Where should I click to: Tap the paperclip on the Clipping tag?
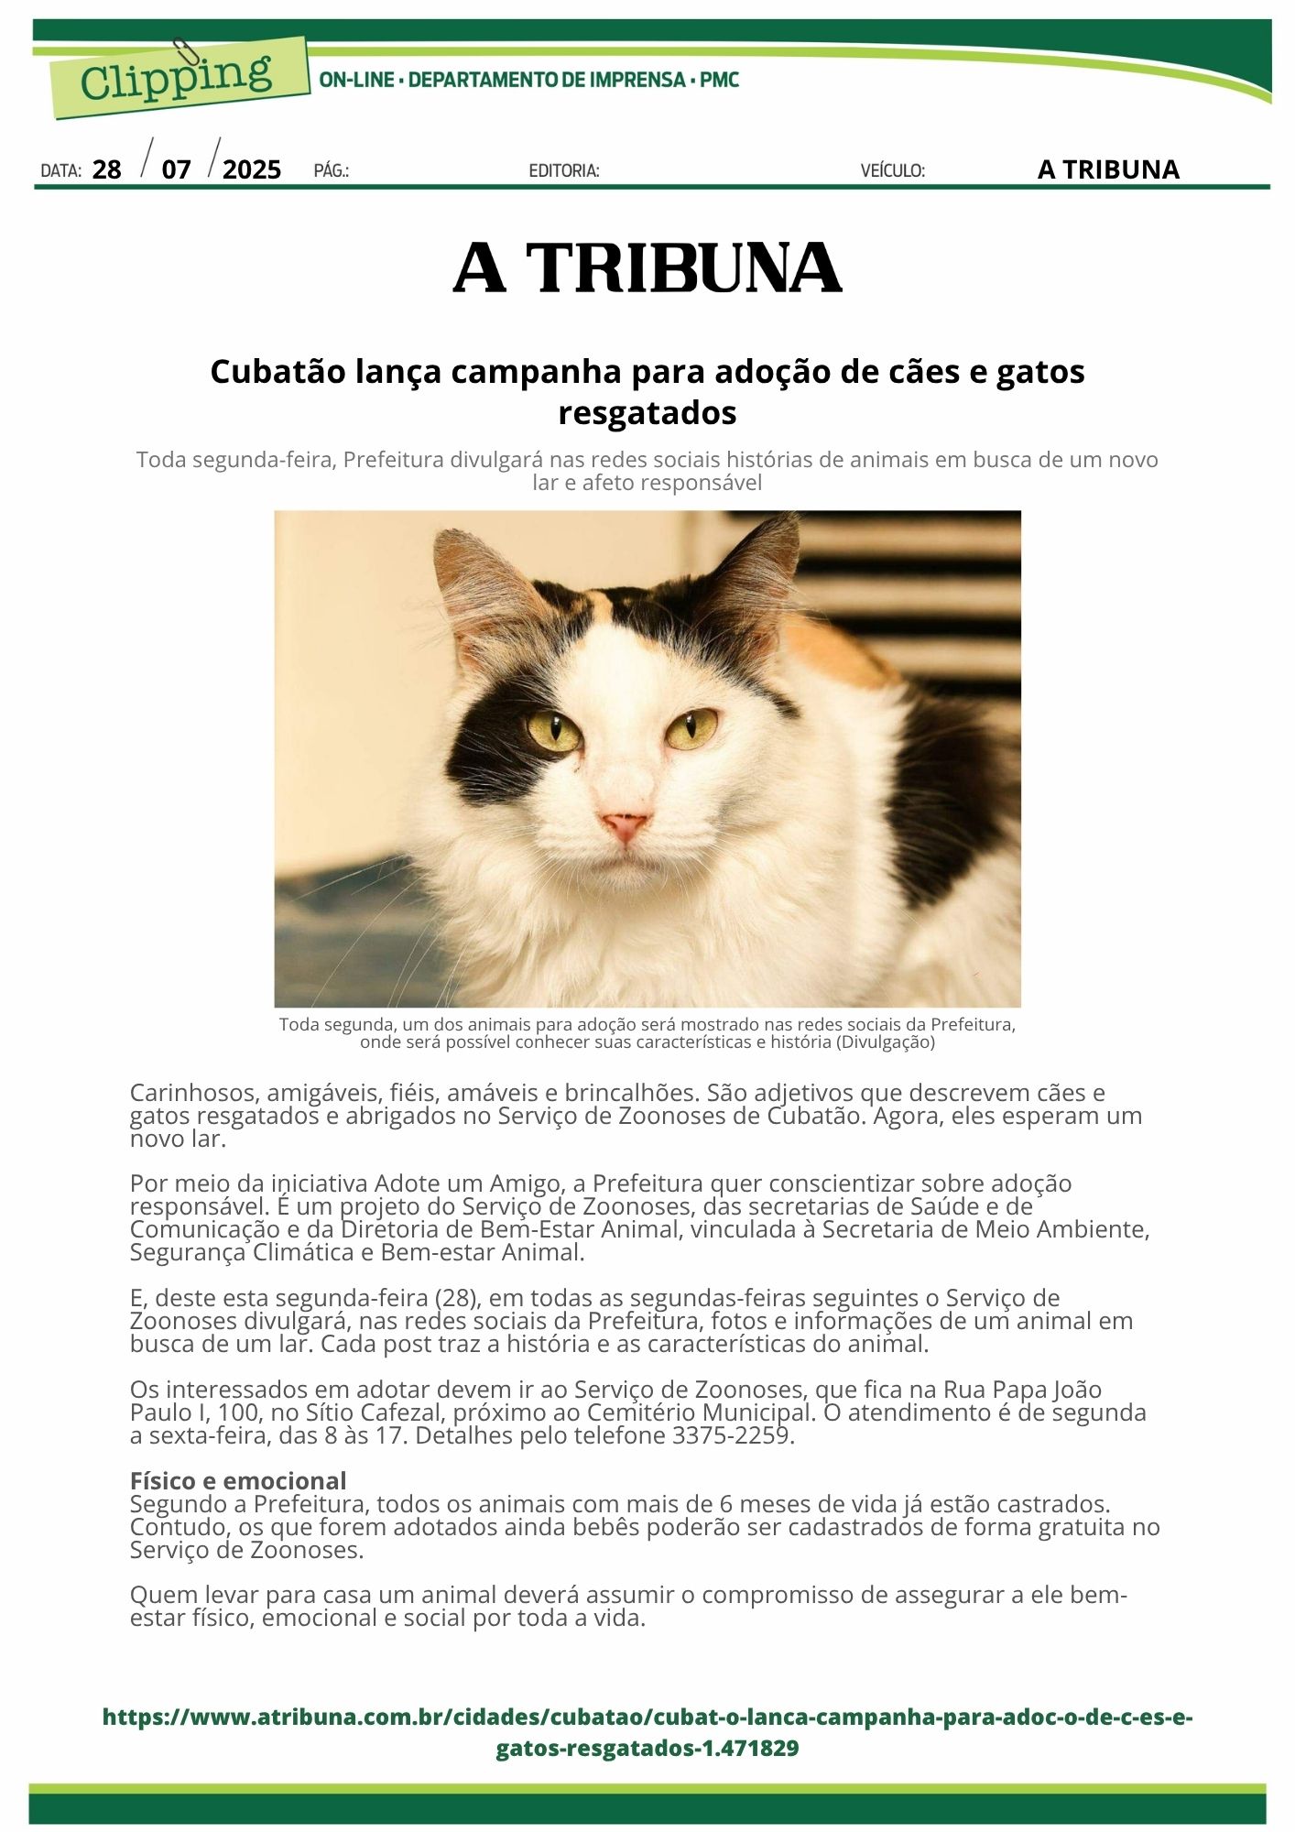(x=180, y=53)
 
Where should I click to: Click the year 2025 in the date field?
(x=252, y=170)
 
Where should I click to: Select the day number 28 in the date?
(x=107, y=170)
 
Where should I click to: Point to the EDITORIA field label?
(x=564, y=171)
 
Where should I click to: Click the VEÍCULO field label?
(x=892, y=171)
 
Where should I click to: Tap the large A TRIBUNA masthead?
(x=647, y=268)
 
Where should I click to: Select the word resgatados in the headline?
(x=647, y=413)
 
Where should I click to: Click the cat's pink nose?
(x=626, y=825)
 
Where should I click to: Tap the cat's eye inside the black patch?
(x=554, y=730)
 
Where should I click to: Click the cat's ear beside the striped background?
(x=756, y=572)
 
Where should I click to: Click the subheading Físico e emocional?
(x=238, y=1481)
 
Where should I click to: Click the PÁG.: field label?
(x=332, y=171)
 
